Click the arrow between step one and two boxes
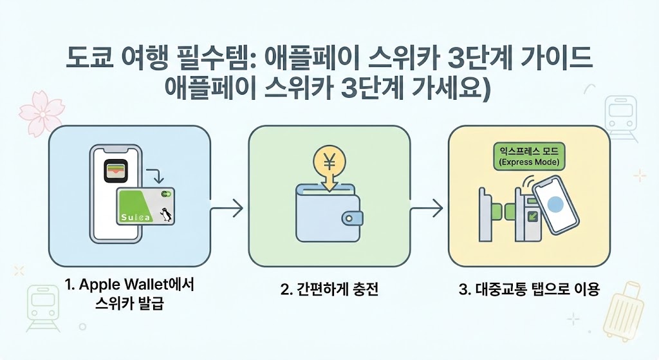227,208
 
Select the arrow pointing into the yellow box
427,208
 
